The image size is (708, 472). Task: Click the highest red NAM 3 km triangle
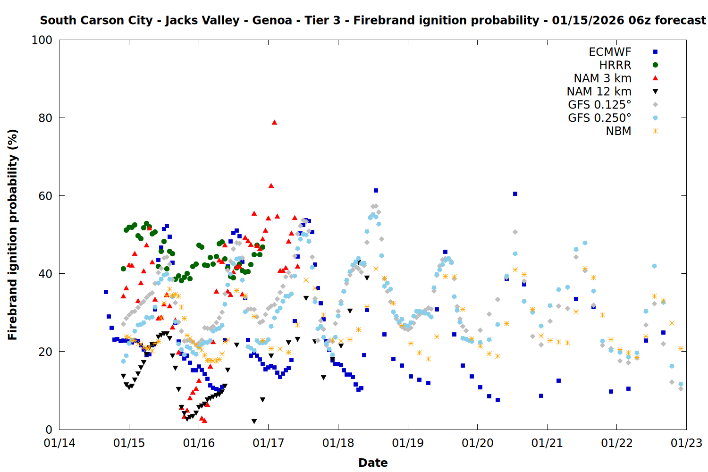(274, 122)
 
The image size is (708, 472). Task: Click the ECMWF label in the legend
(610, 52)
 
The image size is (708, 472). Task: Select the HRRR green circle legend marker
(655, 65)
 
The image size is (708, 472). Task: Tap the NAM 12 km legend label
(599, 92)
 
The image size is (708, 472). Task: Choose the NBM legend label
(618, 131)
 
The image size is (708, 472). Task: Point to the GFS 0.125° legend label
(599, 105)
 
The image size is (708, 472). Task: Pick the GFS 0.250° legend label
(599, 118)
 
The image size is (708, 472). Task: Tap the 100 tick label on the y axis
(42, 40)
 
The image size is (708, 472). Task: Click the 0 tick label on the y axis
(49, 430)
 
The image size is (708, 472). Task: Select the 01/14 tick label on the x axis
(59, 443)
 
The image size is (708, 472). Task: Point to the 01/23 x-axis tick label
(686, 443)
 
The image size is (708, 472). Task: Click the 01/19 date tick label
(408, 443)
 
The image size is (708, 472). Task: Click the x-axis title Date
(373, 463)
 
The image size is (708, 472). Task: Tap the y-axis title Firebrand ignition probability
(12, 235)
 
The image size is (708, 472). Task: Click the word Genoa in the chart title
(272, 20)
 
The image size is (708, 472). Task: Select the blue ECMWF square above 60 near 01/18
(376, 191)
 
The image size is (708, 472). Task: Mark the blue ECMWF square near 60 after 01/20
(515, 194)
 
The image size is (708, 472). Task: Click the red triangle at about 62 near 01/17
(271, 185)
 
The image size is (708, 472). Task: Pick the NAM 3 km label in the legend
(602, 78)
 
